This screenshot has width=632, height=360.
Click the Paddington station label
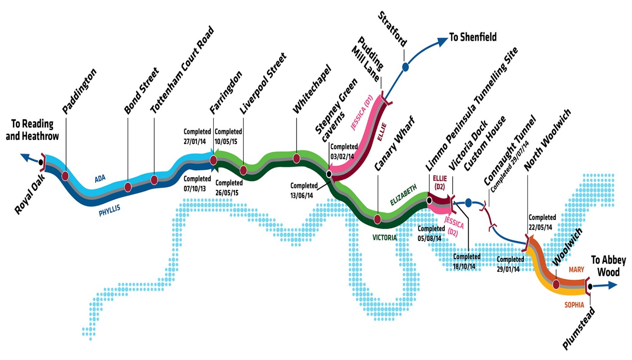[79, 91]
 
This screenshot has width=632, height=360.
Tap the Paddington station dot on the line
[65, 176]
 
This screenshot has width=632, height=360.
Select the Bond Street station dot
[128, 187]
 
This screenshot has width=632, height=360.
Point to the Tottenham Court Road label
[182, 70]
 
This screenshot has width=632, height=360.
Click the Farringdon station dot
[214, 160]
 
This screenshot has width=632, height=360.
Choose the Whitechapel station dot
[296, 158]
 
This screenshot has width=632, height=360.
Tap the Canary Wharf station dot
[378, 219]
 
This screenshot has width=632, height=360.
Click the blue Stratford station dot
[405, 67]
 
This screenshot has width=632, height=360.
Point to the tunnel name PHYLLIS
[109, 212]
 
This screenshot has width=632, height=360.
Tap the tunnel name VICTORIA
[385, 237]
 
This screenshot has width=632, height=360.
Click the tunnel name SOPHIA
[574, 305]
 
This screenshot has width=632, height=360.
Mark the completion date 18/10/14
[464, 267]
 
